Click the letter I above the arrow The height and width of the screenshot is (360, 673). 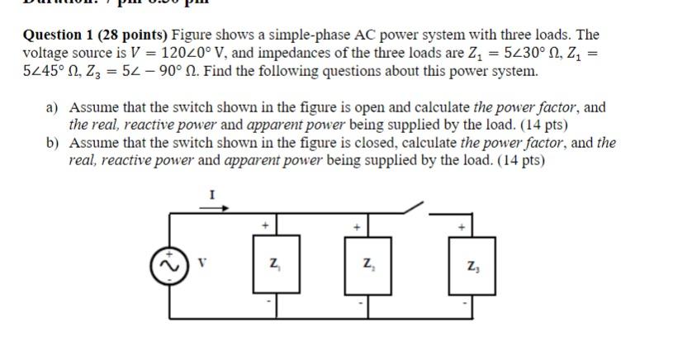pyautogui.click(x=211, y=195)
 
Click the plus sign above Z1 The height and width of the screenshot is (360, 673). pyautogui.click(x=265, y=225)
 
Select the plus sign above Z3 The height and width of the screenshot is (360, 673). pyautogui.click(x=462, y=225)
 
